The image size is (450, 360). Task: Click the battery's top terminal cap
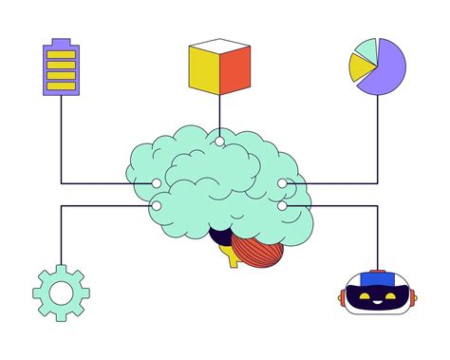(x=61, y=41)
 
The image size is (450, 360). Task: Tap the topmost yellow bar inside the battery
(x=61, y=53)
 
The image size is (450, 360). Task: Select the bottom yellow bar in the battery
(x=61, y=86)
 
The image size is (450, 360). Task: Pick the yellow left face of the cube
(x=204, y=72)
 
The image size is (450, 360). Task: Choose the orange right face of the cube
(x=234, y=72)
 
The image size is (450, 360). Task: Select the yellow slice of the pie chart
(x=361, y=66)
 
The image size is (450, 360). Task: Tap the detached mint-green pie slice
(x=366, y=47)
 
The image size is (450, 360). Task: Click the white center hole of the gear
(x=60, y=293)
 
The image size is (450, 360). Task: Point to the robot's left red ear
(x=343, y=298)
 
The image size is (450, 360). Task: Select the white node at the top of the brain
(x=219, y=142)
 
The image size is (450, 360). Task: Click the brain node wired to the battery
(x=157, y=183)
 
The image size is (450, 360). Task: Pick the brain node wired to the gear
(x=157, y=205)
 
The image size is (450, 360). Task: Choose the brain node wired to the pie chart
(x=282, y=183)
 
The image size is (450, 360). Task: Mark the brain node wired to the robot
(x=282, y=205)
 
